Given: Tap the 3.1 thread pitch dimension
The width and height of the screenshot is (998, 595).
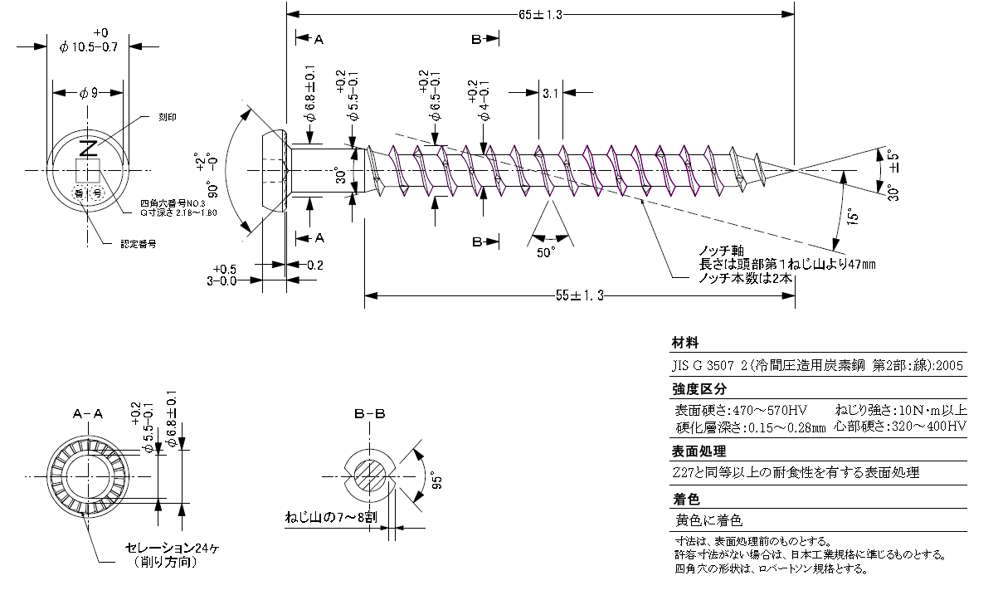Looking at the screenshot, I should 550,94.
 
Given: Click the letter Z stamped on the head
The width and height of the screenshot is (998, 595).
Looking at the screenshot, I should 87,149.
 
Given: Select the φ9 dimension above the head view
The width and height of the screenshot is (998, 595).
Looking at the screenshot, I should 89,94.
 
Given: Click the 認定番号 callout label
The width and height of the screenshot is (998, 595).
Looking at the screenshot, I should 139,244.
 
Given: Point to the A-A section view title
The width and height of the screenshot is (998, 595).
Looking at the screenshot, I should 88,413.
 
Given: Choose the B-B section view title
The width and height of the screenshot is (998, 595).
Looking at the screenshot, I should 369,413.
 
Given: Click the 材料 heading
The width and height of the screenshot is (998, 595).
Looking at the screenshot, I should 685,343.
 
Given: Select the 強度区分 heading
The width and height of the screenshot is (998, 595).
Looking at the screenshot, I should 699,388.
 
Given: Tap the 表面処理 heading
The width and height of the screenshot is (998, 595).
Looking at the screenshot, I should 699,452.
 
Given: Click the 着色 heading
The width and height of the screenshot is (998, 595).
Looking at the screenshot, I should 685,500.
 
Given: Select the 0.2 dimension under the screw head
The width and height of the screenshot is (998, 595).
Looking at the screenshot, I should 314,265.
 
